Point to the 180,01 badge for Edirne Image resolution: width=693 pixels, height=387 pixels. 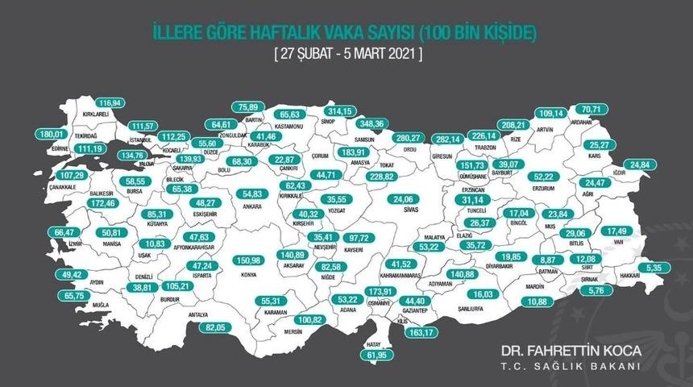[50, 134]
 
